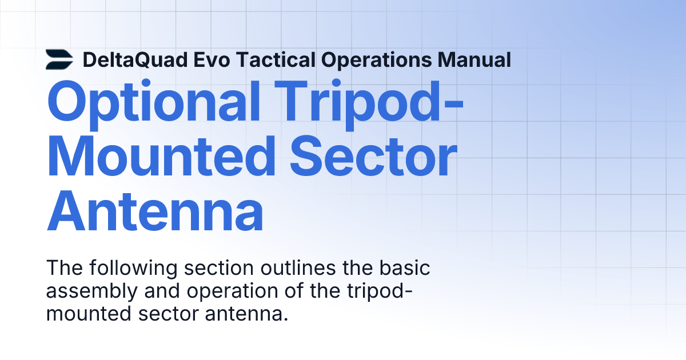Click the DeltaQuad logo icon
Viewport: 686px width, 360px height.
pyautogui.click(x=59, y=59)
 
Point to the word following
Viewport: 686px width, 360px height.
pyautogui.click(x=125, y=268)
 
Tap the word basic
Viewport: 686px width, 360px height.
pyautogui.click(x=406, y=268)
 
